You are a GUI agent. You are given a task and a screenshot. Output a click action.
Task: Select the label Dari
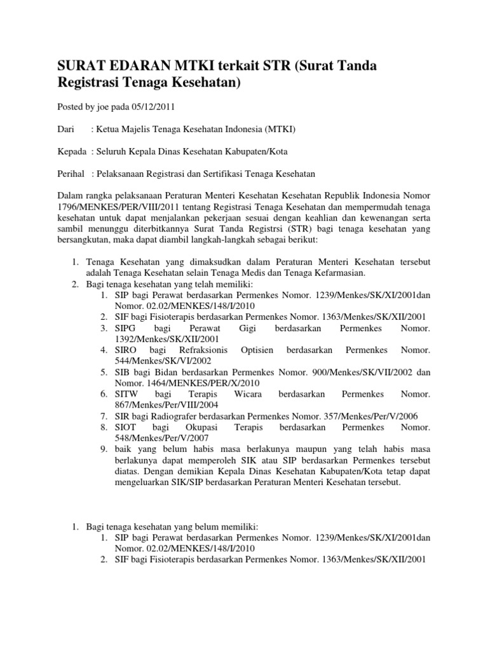coord(67,129)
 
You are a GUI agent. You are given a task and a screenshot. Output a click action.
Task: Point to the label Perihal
coord(71,174)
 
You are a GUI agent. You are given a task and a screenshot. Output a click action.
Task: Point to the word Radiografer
coord(175,416)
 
